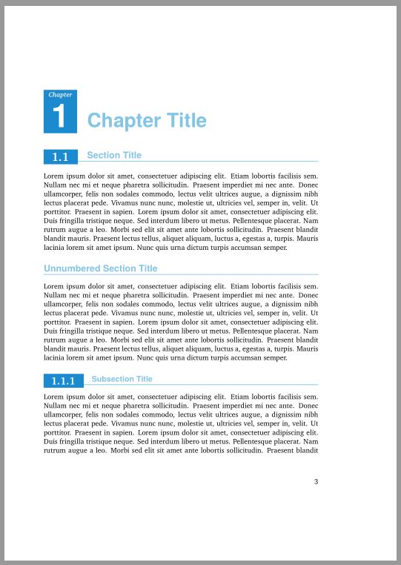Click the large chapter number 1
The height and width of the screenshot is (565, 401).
click(59, 117)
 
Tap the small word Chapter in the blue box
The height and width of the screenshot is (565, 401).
click(60, 95)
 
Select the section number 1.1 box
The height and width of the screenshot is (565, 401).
click(61, 156)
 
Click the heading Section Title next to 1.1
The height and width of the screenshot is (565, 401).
click(114, 155)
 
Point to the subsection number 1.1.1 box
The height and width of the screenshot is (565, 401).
click(63, 381)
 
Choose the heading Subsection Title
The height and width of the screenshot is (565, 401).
click(122, 379)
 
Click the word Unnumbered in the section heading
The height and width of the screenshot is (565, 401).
click(72, 268)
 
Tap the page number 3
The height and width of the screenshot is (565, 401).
click(316, 481)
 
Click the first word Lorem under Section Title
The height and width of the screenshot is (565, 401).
click(55, 175)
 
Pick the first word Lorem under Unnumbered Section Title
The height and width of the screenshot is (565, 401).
click(55, 285)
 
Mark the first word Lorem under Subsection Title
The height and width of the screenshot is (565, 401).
click(55, 397)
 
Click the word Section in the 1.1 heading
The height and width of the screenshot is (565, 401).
click(104, 155)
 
